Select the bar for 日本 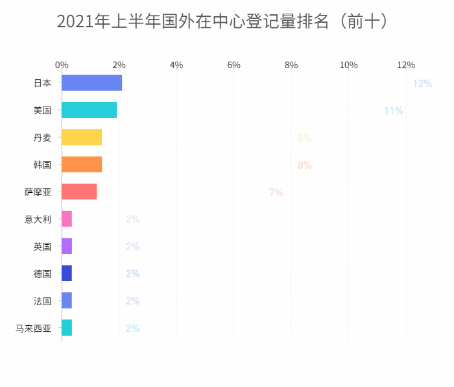91,83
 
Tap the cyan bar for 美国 89,110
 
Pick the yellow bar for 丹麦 82,138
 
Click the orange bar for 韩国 82,165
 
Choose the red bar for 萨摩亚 79,192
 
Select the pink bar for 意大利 67,219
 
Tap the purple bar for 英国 67,247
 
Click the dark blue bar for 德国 67,274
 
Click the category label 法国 42,301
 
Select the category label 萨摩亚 38,192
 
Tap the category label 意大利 38,219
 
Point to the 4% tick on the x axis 176,65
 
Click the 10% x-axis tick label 349,65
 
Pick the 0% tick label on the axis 62,65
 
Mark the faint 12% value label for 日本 422,84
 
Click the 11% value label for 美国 394,111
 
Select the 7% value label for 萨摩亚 276,193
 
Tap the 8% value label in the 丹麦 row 304,138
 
